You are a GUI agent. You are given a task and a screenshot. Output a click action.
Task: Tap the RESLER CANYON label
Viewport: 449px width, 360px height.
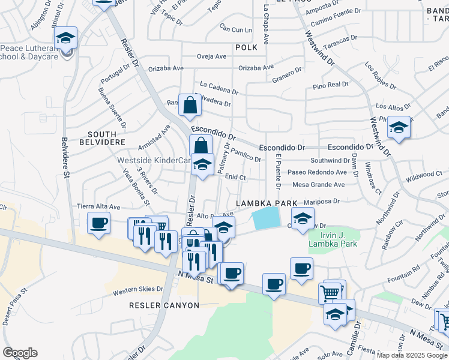[164, 305]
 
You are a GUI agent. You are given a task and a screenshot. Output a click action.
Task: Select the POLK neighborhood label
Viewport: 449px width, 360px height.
[246, 47]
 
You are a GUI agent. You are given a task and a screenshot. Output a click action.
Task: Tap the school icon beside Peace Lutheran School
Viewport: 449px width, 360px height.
[65, 39]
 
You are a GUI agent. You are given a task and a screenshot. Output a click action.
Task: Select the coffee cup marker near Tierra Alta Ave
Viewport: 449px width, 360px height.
[98, 224]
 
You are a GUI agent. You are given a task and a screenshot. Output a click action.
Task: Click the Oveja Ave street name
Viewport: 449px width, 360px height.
[211, 57]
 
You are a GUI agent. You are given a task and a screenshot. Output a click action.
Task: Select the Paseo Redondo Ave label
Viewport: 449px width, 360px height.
[316, 172]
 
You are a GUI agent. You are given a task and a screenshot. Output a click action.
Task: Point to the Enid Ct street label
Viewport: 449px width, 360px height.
[235, 177]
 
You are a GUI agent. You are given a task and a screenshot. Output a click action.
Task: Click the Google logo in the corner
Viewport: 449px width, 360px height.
[20, 353]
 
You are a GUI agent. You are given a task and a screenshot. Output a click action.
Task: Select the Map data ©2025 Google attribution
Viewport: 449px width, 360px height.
[412, 355]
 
